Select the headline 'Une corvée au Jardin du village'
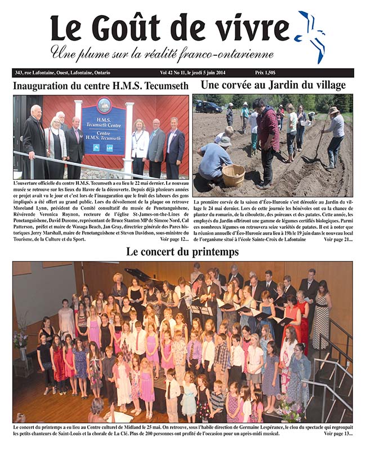[273, 86]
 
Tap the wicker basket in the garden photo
[234, 175]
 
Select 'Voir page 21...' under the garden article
[338, 240]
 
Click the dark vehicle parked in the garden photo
[208, 107]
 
